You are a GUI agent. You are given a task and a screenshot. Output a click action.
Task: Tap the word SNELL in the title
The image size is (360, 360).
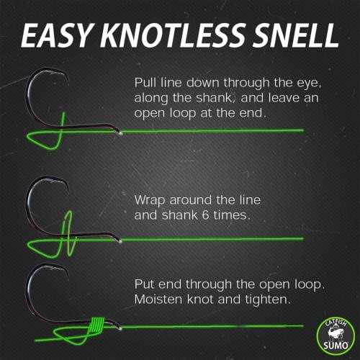289,34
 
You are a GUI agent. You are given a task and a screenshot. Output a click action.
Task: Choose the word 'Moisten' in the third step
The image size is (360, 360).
159,296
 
